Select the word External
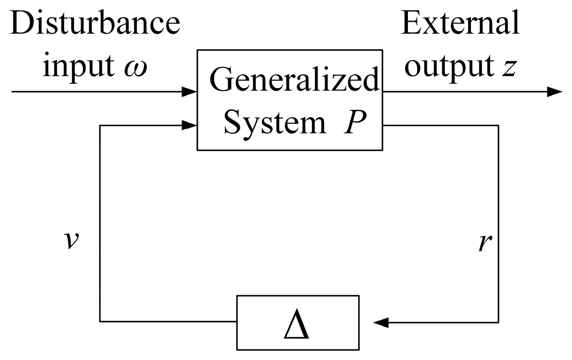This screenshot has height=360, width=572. [460, 21]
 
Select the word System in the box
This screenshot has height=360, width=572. [275, 122]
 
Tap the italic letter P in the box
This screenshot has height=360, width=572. [353, 122]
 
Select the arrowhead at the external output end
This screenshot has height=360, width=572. [555, 92]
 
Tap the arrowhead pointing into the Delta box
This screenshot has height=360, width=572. [381, 322]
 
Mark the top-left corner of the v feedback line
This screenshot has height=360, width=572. [100, 125]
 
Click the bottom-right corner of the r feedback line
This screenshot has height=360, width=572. [499, 322]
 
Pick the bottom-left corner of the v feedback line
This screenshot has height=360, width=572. [100, 321]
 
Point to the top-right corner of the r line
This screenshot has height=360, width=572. [499, 125]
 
